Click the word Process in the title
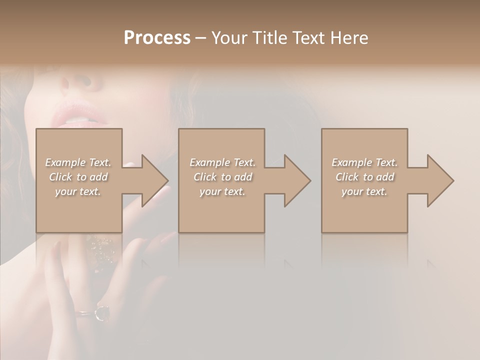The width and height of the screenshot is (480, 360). coord(157,38)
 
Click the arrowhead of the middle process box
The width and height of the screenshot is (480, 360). coord(296,180)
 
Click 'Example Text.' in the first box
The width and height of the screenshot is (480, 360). coord(78,162)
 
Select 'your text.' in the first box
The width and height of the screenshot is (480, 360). coord(78,191)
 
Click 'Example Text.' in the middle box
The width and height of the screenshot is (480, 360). coord(222,162)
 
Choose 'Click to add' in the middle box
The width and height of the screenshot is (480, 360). coord(222,177)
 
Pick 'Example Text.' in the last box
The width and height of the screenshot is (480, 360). coord(364,162)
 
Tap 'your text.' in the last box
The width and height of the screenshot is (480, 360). coord(364,191)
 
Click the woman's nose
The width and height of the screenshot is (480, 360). coord(80,82)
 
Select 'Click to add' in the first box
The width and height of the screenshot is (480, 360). coord(78,177)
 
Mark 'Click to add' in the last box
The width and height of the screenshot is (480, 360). coord(364,177)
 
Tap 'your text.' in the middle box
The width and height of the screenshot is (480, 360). coord(222,191)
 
